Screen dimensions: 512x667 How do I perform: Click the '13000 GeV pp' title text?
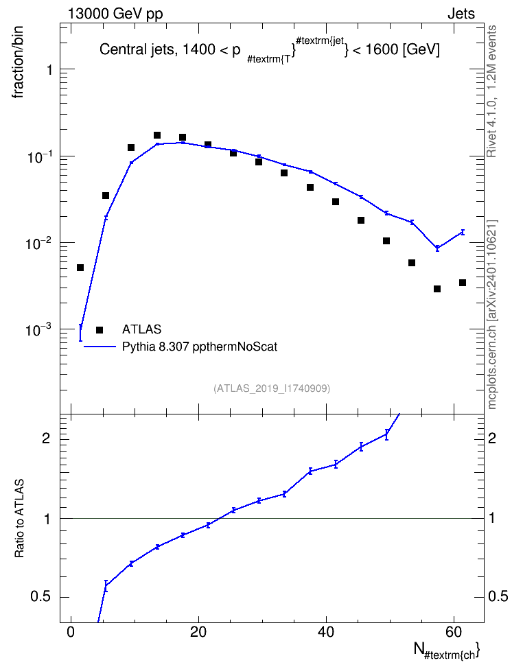pyautogui.click(x=115, y=14)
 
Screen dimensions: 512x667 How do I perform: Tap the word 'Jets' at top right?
pyautogui.click(x=461, y=14)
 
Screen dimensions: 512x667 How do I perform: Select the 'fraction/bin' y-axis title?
pyautogui.click(x=17, y=62)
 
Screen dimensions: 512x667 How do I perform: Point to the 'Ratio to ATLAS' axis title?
pyautogui.click(x=19, y=518)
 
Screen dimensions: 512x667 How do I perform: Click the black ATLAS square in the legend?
pyautogui.click(x=100, y=329)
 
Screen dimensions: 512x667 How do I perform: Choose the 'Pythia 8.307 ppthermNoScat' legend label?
pyautogui.click(x=200, y=347)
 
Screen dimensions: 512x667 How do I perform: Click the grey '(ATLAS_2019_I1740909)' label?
pyautogui.click(x=272, y=388)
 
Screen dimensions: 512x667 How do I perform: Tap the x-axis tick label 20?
pyautogui.click(x=198, y=632)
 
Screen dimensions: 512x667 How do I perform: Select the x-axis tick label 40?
pyautogui.click(x=326, y=632)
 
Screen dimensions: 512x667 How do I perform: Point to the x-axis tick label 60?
pyautogui.click(x=454, y=632)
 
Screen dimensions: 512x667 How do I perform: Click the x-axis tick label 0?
pyautogui.click(x=71, y=632)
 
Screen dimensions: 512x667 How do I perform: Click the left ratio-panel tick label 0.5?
pyautogui.click(x=40, y=597)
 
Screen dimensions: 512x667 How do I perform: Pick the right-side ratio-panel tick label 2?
pyautogui.click(x=492, y=438)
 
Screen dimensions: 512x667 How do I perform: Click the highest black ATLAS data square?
pyautogui.click(x=157, y=135)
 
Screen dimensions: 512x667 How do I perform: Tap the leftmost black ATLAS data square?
pyautogui.click(x=80, y=268)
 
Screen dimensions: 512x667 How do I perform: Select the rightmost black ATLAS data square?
pyautogui.click(x=463, y=283)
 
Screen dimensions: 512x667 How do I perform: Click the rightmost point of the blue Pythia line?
pyautogui.click(x=463, y=232)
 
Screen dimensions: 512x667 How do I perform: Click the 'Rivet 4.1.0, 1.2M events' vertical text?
pyautogui.click(x=491, y=91)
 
